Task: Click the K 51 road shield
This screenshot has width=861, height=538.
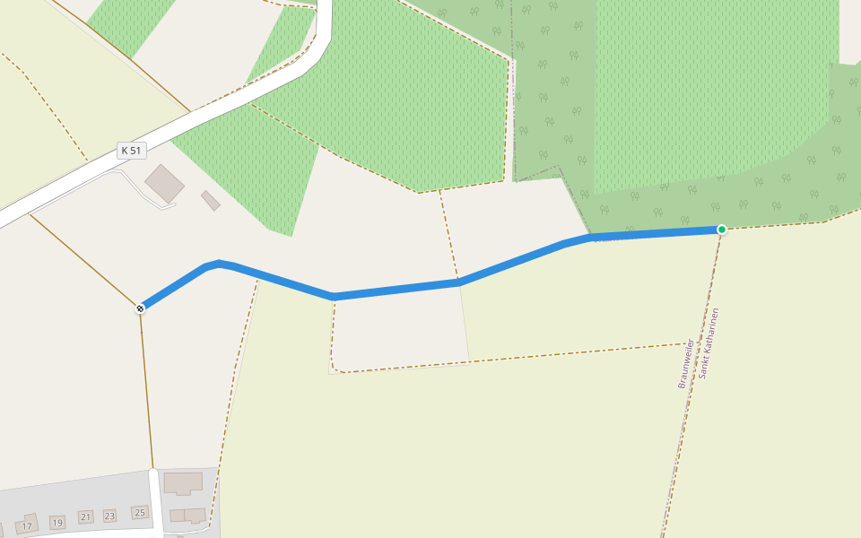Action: click(131, 151)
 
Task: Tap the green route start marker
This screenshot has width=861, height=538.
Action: click(721, 230)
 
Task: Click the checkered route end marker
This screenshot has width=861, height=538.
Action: click(140, 308)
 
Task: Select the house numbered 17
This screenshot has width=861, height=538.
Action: click(27, 525)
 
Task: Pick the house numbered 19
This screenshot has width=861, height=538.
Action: click(57, 522)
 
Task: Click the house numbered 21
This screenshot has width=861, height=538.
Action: click(86, 516)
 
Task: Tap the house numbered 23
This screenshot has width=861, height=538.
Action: click(109, 516)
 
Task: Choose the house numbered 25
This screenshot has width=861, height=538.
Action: click(139, 512)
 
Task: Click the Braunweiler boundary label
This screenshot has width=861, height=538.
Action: click(684, 363)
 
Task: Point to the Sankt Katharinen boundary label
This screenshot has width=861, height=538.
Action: click(709, 343)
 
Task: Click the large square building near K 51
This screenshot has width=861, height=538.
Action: click(164, 183)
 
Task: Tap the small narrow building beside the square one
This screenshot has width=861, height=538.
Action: click(211, 200)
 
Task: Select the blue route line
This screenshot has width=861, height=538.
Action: click(395, 290)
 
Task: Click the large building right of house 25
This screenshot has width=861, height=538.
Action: click(183, 482)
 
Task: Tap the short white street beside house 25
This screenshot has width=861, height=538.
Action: click(155, 502)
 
